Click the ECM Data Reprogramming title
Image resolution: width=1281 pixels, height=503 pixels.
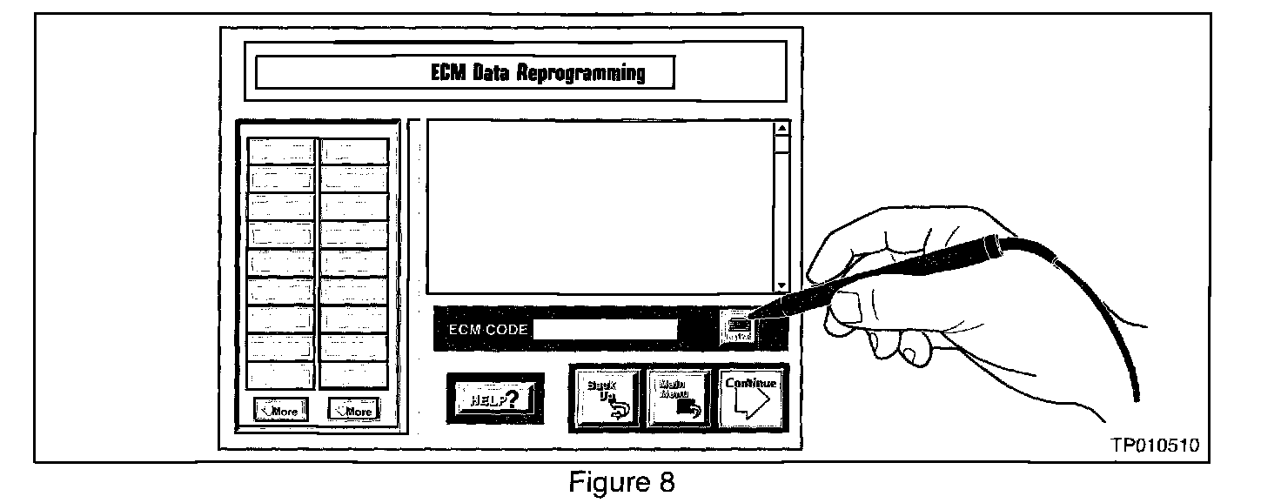click(x=539, y=72)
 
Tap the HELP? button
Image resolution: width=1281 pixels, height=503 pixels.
click(x=494, y=399)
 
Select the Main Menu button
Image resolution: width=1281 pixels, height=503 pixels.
click(x=681, y=399)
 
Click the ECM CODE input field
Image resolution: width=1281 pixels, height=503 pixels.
click(x=606, y=330)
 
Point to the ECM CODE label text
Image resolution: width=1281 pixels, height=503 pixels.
click(x=486, y=331)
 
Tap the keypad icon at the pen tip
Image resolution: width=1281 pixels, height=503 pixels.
click(x=739, y=327)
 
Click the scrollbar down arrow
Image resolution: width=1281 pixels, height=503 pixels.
click(x=781, y=285)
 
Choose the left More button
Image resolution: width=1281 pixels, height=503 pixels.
click(x=280, y=411)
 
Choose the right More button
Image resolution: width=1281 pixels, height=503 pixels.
click(x=353, y=411)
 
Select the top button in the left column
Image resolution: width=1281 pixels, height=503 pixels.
click(x=280, y=151)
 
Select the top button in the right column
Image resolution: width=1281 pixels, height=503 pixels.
click(x=353, y=151)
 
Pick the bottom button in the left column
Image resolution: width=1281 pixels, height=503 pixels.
click(x=280, y=374)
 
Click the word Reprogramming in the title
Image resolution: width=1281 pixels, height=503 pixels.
click(x=581, y=72)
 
